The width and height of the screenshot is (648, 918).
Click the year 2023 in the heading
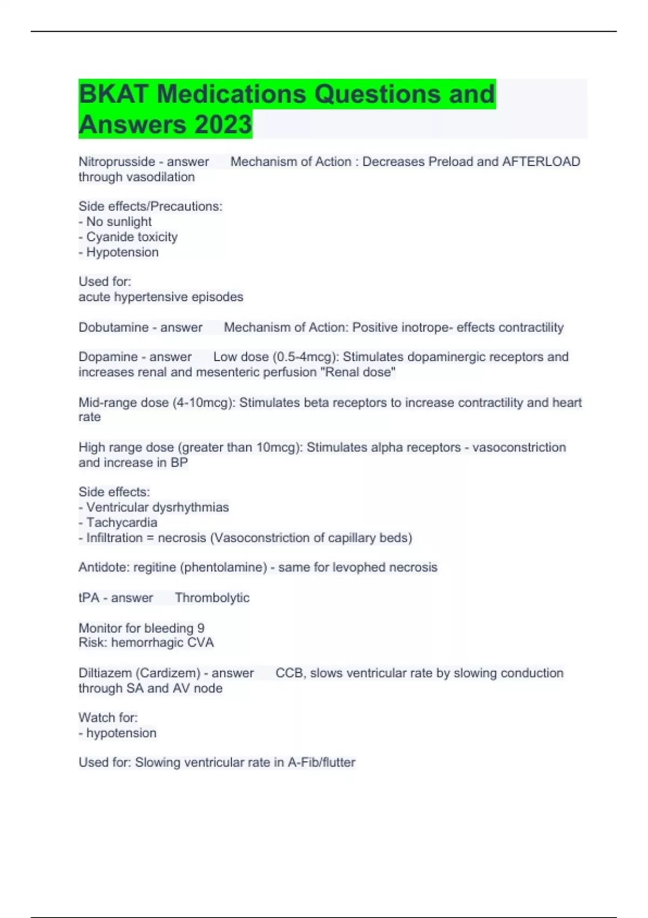pyautogui.click(x=223, y=124)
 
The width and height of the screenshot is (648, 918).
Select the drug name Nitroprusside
pyautogui.click(x=117, y=161)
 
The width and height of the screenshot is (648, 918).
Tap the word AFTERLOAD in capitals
pyautogui.click(x=541, y=161)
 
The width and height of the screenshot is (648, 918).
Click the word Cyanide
pyautogui.click(x=110, y=237)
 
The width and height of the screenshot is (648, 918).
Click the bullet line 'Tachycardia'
pyautogui.click(x=122, y=522)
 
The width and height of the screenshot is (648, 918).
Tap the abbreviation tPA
pyautogui.click(x=89, y=598)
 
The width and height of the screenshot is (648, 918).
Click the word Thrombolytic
pyautogui.click(x=212, y=598)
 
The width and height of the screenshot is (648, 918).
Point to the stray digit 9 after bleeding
pyautogui.click(x=201, y=628)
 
